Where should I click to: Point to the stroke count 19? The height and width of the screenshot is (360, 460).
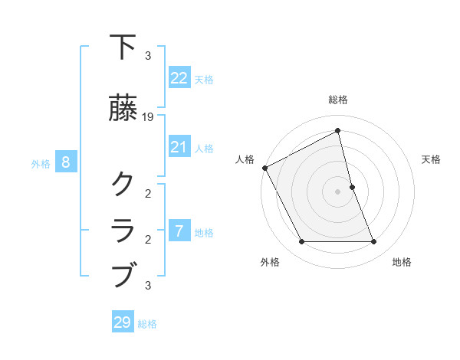tap(149, 117)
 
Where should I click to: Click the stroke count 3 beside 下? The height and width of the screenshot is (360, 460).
tap(148, 56)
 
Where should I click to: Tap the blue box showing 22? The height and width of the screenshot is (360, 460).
tap(179, 77)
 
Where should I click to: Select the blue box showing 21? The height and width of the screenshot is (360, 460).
tap(179, 146)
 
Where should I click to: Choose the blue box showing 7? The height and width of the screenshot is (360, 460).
tap(179, 231)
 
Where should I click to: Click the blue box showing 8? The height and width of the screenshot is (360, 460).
tap(66, 162)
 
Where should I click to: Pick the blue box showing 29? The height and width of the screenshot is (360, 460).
tap(123, 322)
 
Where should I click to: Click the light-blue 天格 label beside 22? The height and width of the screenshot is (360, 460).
tap(204, 79)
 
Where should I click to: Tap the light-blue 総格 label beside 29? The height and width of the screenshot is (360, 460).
tap(147, 324)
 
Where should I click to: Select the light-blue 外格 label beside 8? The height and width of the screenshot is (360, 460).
tap(41, 163)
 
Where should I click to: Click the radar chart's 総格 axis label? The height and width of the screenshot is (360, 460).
tap(338, 100)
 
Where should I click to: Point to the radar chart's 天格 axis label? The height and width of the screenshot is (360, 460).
tap(431, 159)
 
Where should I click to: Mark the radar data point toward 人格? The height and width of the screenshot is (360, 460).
tap(264, 168)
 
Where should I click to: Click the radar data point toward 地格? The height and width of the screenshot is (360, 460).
tap(374, 242)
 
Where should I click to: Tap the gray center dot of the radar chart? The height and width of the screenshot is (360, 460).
tap(338, 191)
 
